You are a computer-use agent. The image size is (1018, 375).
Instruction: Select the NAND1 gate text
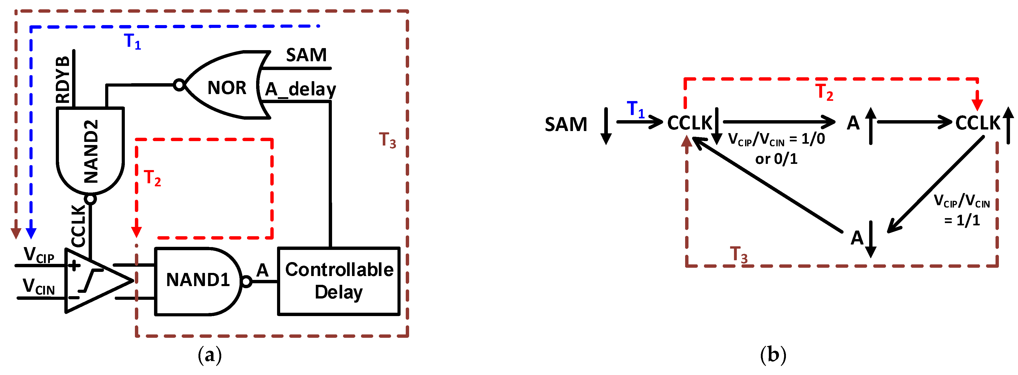click(198, 280)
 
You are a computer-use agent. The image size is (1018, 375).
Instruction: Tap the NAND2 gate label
click(91, 151)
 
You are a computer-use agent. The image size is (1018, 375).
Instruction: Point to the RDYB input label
click(63, 80)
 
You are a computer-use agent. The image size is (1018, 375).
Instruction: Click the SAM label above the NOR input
click(306, 55)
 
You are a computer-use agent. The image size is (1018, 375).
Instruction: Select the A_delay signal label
click(300, 89)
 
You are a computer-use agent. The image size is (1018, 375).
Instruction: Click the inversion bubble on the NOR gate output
click(179, 85)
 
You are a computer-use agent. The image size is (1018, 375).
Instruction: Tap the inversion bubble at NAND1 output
click(246, 282)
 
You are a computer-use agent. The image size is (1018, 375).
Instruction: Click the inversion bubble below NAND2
click(90, 199)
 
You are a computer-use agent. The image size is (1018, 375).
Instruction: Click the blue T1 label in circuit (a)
click(132, 41)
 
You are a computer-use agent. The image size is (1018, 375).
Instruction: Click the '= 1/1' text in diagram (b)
click(962, 220)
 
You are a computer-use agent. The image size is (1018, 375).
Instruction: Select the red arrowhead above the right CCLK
click(977, 104)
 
